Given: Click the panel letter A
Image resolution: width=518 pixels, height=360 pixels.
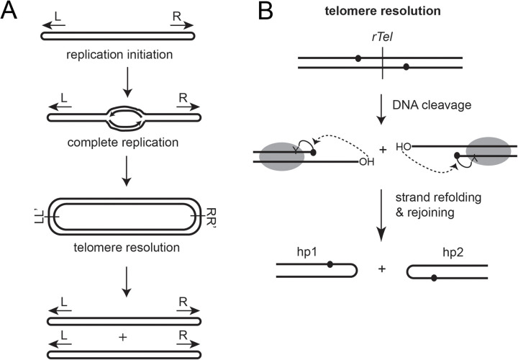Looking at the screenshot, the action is pyautogui.click(x=9, y=12).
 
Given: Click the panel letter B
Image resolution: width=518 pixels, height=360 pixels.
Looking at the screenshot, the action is pyautogui.click(x=266, y=12).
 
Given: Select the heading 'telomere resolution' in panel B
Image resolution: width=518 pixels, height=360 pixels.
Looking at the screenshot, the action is pyautogui.click(x=383, y=11).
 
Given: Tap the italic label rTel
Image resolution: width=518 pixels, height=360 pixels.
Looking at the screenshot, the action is pyautogui.click(x=382, y=37).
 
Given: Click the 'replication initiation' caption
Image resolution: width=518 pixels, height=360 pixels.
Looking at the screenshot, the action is pyautogui.click(x=119, y=54).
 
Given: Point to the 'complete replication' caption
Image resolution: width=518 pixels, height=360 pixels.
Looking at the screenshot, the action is pyautogui.click(x=123, y=143).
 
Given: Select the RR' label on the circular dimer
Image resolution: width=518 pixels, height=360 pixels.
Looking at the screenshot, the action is pyautogui.click(x=210, y=217).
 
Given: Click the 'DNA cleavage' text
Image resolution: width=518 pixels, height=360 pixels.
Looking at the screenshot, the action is pyautogui.click(x=432, y=105).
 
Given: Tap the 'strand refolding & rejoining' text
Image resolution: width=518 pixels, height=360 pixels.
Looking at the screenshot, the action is pyautogui.click(x=438, y=204).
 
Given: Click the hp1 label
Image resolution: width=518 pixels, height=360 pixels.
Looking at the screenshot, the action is pyautogui.click(x=307, y=253).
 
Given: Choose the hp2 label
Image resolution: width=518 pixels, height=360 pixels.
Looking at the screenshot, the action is pyautogui.click(x=453, y=253).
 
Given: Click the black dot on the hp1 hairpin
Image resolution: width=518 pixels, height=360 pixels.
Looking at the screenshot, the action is pyautogui.click(x=330, y=264).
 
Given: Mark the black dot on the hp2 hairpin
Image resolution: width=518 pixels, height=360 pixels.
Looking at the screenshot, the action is pyautogui.click(x=434, y=278).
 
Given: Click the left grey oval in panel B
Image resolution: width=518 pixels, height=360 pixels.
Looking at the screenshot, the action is pyautogui.click(x=282, y=156).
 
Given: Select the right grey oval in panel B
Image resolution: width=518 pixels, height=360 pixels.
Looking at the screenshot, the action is pyautogui.click(x=488, y=151).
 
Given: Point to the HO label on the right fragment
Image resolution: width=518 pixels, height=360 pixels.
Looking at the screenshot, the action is pyautogui.click(x=404, y=146).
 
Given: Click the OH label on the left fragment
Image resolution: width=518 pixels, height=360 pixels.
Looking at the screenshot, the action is pyautogui.click(x=366, y=162).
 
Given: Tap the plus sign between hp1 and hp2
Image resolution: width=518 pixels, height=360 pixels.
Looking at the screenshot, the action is pyautogui.click(x=382, y=269).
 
